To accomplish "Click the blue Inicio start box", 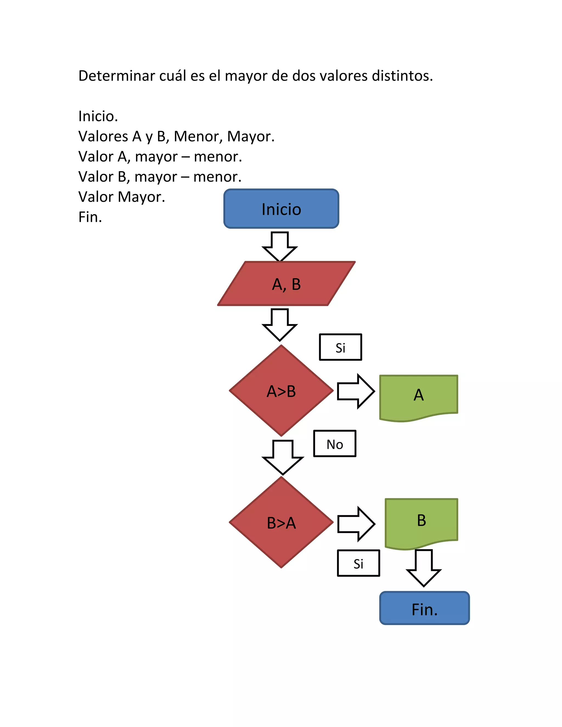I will pos(281,209).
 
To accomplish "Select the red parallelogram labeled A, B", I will pos(286,284).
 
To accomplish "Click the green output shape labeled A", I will pos(418,396).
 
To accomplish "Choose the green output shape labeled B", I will pos(421,521).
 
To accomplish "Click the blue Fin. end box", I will pos(424,609).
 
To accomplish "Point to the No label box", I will pos(335,444).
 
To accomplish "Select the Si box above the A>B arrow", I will pos(340,347).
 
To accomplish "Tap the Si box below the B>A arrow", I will pos(358,563).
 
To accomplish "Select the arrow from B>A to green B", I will pos(356,524).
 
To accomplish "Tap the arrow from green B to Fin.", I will pos(423,568).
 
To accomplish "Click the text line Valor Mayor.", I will pos(122,197).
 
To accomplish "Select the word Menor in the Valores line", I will pos(198,136).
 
